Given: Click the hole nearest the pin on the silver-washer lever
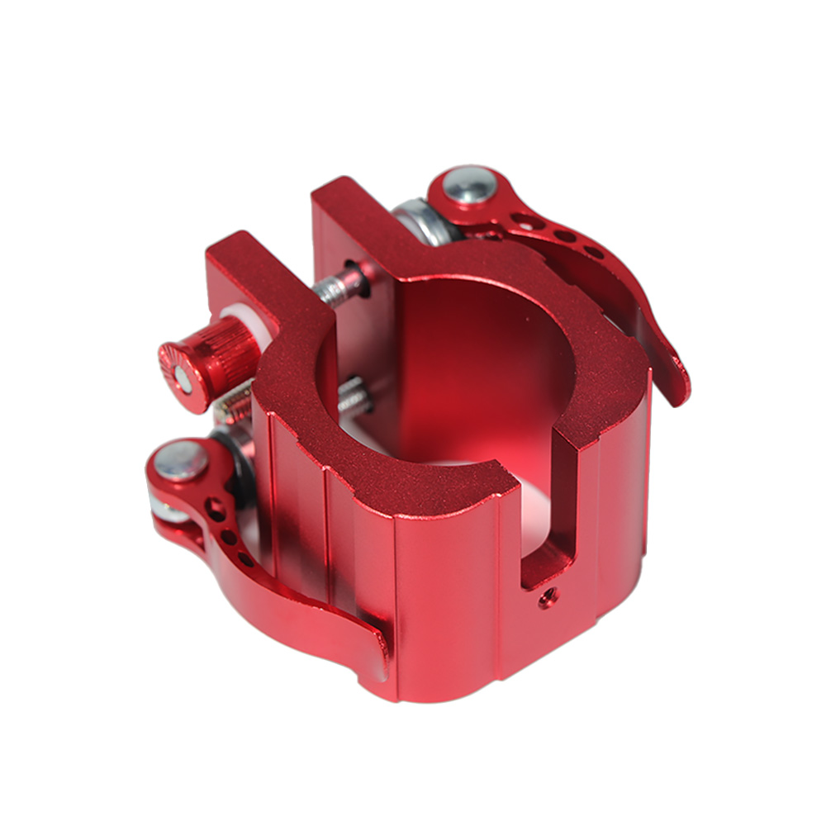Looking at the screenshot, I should [x=524, y=221].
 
